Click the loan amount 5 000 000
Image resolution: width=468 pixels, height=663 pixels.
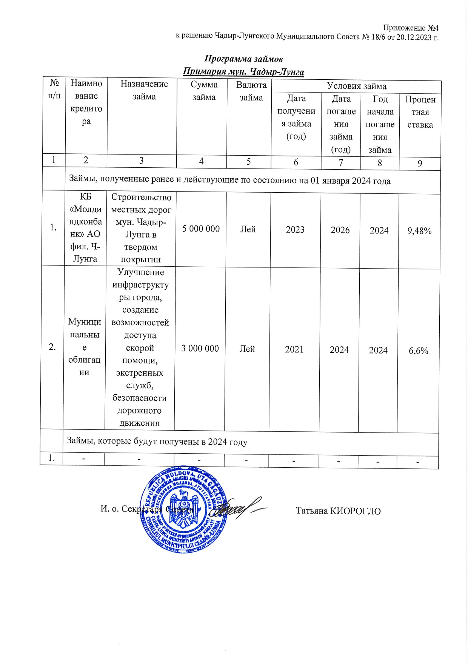pos(201,229)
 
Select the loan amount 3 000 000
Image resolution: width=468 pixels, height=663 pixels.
pos(200,348)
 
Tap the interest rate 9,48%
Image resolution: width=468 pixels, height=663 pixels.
pos(419,231)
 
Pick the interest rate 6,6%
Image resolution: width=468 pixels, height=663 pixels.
pos(419,351)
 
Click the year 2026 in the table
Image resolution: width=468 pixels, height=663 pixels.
pos(340,230)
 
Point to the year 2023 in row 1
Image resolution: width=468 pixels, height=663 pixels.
pos(295,230)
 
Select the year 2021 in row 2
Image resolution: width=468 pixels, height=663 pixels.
pos(294,349)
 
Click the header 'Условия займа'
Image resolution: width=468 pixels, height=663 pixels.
pos(356,87)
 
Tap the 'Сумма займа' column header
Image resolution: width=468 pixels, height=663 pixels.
pos(204,91)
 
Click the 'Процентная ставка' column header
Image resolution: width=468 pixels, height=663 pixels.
pos(420,112)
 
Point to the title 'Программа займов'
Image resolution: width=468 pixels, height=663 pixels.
pos(243,59)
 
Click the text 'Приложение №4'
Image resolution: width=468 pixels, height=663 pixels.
pos(411,28)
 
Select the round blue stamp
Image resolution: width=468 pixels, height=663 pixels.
pos(184,509)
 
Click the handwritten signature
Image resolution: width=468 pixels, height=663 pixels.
pos(238,508)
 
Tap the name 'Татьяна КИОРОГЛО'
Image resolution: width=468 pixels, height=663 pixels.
pos(338,511)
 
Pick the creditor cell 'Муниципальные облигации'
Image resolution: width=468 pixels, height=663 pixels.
pos(85,347)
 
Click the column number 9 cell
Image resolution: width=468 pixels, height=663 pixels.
pos(420,164)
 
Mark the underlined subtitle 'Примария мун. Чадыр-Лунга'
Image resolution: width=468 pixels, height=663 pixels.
pos(243,72)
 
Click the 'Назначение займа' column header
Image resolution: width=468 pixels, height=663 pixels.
pos(144,90)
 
